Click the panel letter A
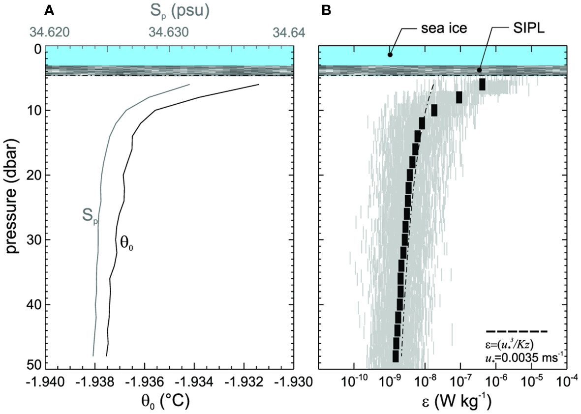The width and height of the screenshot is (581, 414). [49, 9]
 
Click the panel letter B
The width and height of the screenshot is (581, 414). [324, 9]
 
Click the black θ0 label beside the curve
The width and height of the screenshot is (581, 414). [126, 242]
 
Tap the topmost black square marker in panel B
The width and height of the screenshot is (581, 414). [482, 85]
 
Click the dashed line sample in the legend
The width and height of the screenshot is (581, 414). [517, 331]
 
